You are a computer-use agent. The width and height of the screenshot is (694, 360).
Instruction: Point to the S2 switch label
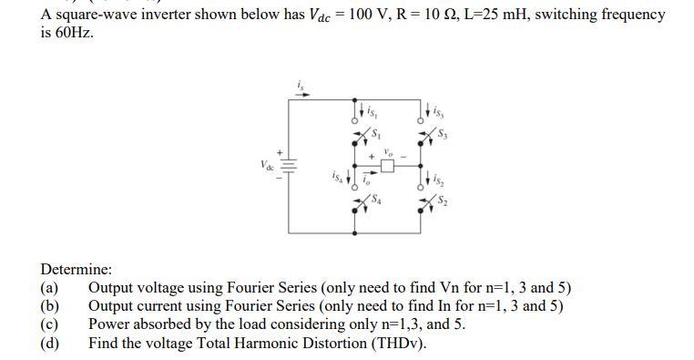[x=444, y=199]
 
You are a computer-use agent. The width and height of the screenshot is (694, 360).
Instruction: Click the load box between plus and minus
[x=387, y=167]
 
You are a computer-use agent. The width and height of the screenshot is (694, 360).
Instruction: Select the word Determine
[x=77, y=270]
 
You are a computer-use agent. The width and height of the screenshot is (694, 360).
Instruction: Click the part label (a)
[x=50, y=288]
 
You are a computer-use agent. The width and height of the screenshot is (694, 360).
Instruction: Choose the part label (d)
[x=50, y=343]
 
